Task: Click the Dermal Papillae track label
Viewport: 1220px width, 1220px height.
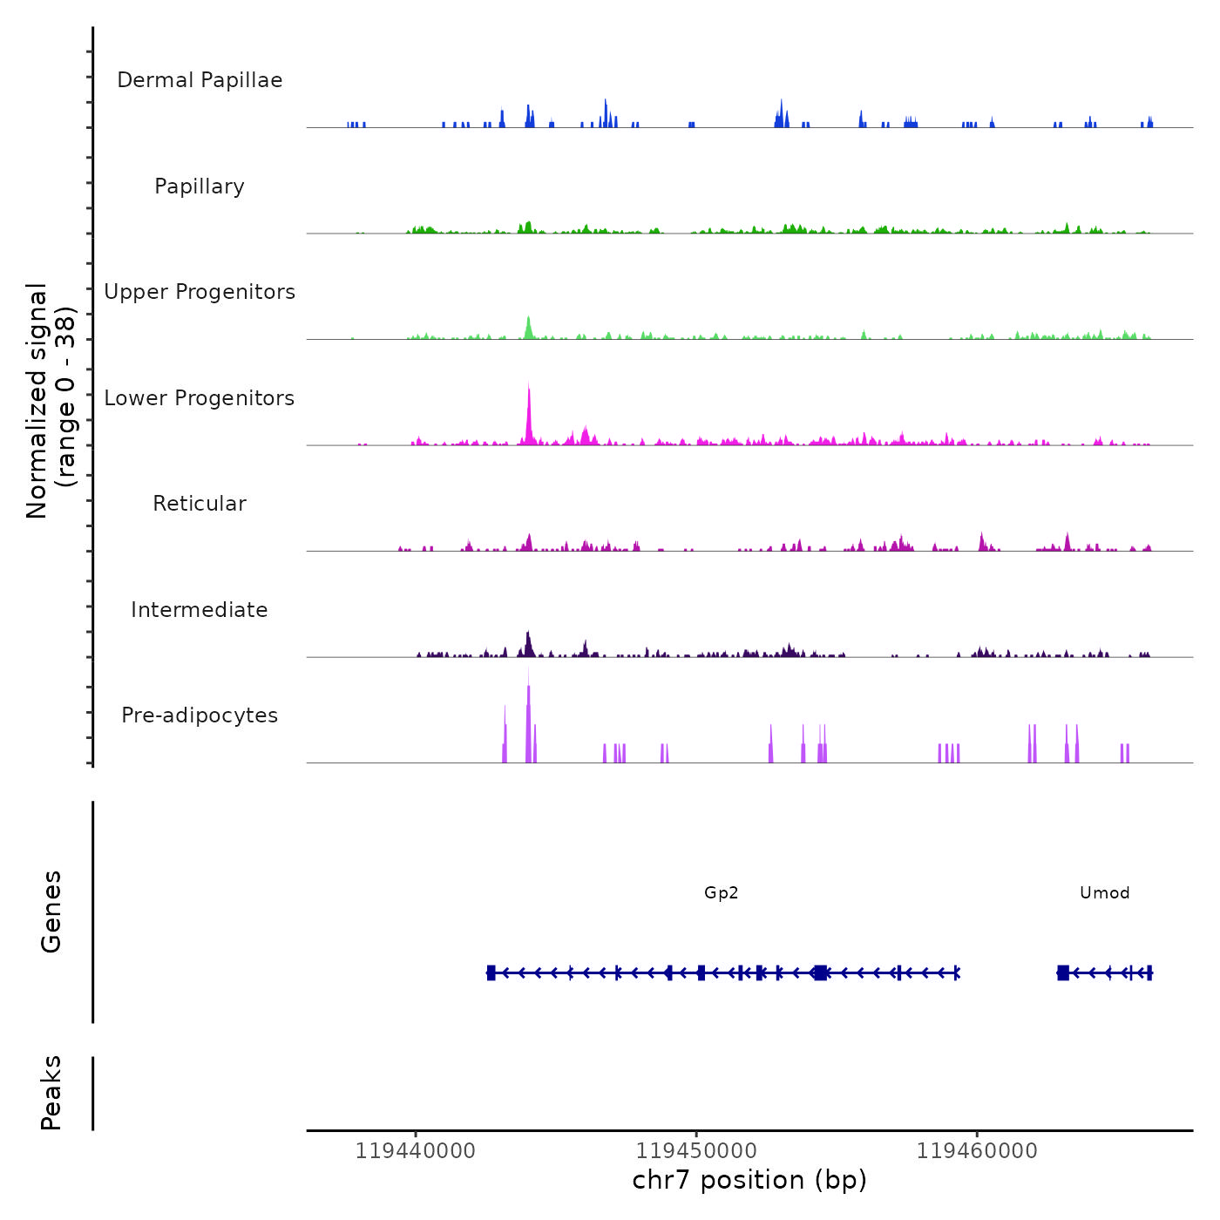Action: [x=200, y=80]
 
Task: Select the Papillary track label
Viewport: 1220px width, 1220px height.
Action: [x=200, y=186]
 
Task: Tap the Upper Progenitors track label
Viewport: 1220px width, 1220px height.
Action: [x=200, y=292]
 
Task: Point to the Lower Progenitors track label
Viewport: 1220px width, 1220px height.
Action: [x=200, y=398]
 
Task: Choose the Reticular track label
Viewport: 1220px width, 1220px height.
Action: [x=200, y=504]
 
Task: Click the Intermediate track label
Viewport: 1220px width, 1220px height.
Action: [x=200, y=610]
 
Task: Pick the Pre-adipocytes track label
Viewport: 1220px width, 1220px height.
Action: [x=200, y=715]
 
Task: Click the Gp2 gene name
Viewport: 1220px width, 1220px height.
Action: [x=722, y=892]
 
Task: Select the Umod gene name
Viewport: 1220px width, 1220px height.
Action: [x=1104, y=892]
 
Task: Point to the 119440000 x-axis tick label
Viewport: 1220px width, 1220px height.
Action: [x=416, y=1151]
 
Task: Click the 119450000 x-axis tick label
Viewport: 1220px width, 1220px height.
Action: [x=696, y=1151]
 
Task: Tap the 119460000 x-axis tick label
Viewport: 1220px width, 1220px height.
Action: [x=977, y=1151]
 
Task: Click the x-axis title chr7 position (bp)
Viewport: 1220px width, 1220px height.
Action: [x=749, y=1180]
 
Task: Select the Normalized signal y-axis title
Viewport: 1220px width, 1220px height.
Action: [x=51, y=400]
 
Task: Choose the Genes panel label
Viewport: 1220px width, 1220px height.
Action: [x=51, y=912]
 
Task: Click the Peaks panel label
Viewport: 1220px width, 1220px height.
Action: [x=51, y=1093]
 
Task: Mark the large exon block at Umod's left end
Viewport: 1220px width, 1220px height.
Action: [x=1063, y=973]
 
